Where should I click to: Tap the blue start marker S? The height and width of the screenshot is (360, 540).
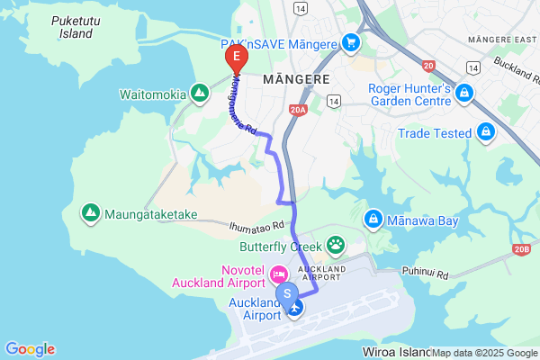[x=287, y=293]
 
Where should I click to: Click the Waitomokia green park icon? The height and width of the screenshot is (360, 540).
[x=198, y=94]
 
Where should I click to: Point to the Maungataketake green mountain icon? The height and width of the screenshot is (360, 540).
[x=90, y=213]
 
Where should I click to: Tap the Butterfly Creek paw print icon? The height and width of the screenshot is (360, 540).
[x=336, y=244]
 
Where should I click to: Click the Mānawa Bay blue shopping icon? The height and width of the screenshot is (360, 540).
[x=373, y=219]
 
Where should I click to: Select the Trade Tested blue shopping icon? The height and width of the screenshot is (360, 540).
[x=486, y=133]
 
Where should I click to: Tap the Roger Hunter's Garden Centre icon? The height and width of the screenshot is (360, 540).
[x=464, y=92]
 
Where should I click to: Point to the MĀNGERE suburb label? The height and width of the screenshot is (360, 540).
[x=295, y=79]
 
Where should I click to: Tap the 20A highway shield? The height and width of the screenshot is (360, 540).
[x=299, y=109]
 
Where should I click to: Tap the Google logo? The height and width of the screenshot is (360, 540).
[x=30, y=349]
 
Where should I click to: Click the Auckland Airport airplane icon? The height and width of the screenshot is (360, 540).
[x=295, y=308]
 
